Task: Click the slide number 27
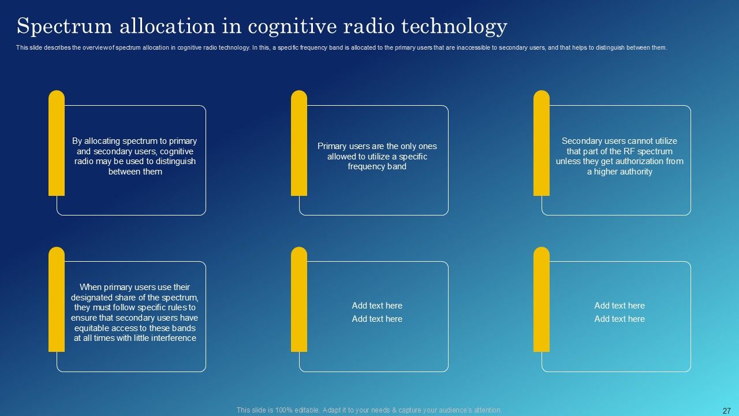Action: [727, 411]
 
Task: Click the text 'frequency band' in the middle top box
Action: [377, 166]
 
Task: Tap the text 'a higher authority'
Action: [619, 172]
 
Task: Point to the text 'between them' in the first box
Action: [135, 172]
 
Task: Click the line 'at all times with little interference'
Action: [135, 338]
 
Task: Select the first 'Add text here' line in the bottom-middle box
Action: [377, 306]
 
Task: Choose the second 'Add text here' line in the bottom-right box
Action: [619, 319]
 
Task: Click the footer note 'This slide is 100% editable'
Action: [369, 410]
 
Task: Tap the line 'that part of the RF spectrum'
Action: [619, 151]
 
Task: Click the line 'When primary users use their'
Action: [135, 287]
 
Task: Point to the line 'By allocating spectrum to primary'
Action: [135, 141]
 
